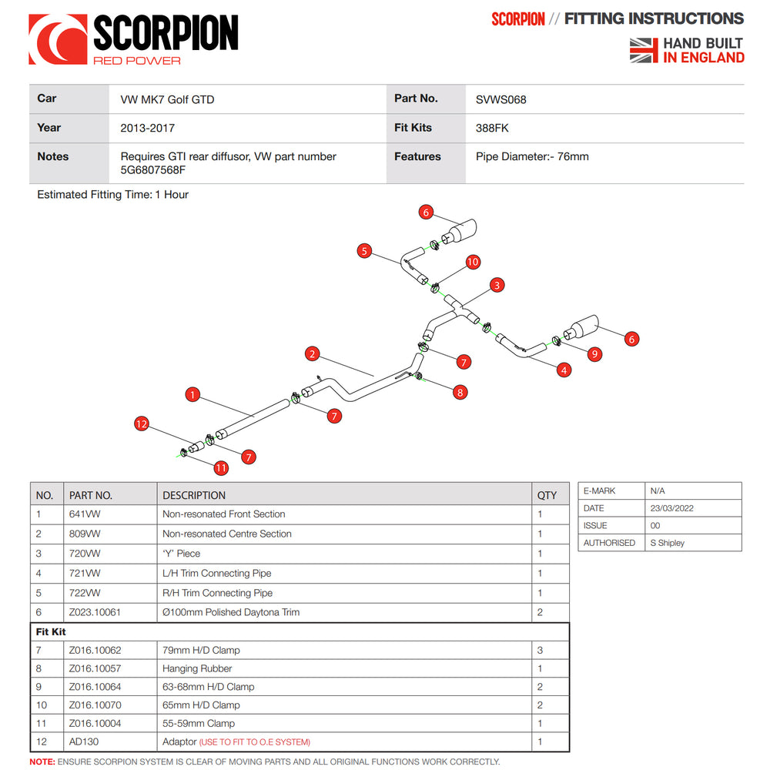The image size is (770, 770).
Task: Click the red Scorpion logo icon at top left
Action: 58,38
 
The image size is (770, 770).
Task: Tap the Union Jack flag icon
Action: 644,50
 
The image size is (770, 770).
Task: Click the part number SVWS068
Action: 500,99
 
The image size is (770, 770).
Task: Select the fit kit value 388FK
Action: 492,128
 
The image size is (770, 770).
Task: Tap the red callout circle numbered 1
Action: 192,395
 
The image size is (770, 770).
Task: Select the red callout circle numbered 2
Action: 312,354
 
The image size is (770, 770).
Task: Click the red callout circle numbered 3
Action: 497,286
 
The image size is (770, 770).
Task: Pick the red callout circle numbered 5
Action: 365,250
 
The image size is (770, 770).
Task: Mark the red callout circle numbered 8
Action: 460,392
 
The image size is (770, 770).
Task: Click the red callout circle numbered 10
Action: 473,262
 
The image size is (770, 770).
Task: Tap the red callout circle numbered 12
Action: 140,423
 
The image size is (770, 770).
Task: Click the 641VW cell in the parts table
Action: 85,514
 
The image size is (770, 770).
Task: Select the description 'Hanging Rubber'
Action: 197,668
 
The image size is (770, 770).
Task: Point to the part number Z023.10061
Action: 95,612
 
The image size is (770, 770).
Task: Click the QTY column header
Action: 547,495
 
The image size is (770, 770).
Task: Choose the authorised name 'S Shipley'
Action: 667,543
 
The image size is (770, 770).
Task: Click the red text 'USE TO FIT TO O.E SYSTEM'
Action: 255,742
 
